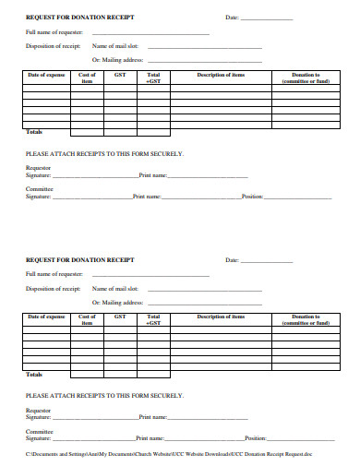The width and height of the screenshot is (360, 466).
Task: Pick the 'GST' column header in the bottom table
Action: pos(120,317)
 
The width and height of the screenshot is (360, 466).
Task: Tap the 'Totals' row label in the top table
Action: pos(35,131)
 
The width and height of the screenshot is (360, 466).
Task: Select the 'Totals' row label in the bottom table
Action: pos(35,374)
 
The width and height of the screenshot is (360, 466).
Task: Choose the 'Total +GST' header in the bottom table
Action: pos(153,320)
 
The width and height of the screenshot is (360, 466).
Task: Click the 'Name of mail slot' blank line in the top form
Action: pos(205,45)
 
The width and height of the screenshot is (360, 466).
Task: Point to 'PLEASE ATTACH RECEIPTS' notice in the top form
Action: pos(103,153)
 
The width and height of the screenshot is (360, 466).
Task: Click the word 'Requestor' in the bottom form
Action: pos(39,409)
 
